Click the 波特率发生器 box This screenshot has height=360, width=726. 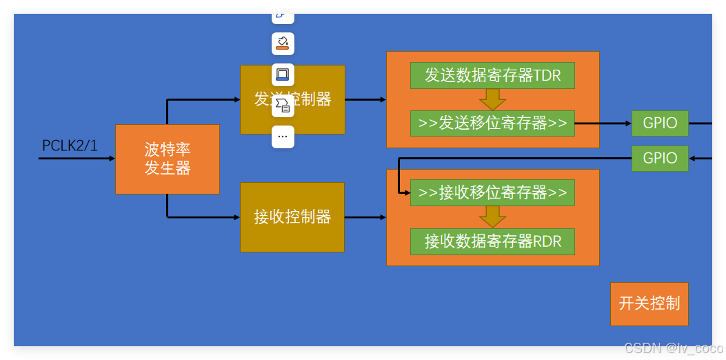point(168,159)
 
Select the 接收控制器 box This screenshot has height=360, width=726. point(292,217)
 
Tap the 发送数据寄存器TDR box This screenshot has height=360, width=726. point(492,75)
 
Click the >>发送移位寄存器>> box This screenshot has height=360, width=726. point(492,123)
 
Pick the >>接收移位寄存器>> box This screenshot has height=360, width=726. point(492,192)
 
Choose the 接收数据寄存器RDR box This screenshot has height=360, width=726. point(492,241)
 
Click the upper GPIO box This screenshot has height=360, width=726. point(660,123)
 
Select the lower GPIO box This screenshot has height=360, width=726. point(660,158)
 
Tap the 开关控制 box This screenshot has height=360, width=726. point(649,303)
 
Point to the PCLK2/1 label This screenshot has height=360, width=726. point(70,146)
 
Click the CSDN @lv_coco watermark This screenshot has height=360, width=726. point(673,348)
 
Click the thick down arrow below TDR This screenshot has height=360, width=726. point(492,99)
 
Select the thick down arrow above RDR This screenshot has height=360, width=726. point(492,217)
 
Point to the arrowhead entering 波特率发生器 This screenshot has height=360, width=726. point(112,159)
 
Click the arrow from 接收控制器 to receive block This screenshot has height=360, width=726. point(365,217)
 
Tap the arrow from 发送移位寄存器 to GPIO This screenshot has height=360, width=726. point(603,123)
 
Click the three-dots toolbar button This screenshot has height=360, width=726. point(283,137)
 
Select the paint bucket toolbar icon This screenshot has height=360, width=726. point(283,43)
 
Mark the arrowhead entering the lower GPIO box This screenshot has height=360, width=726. point(692,159)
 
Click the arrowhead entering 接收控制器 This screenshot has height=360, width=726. point(236,217)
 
